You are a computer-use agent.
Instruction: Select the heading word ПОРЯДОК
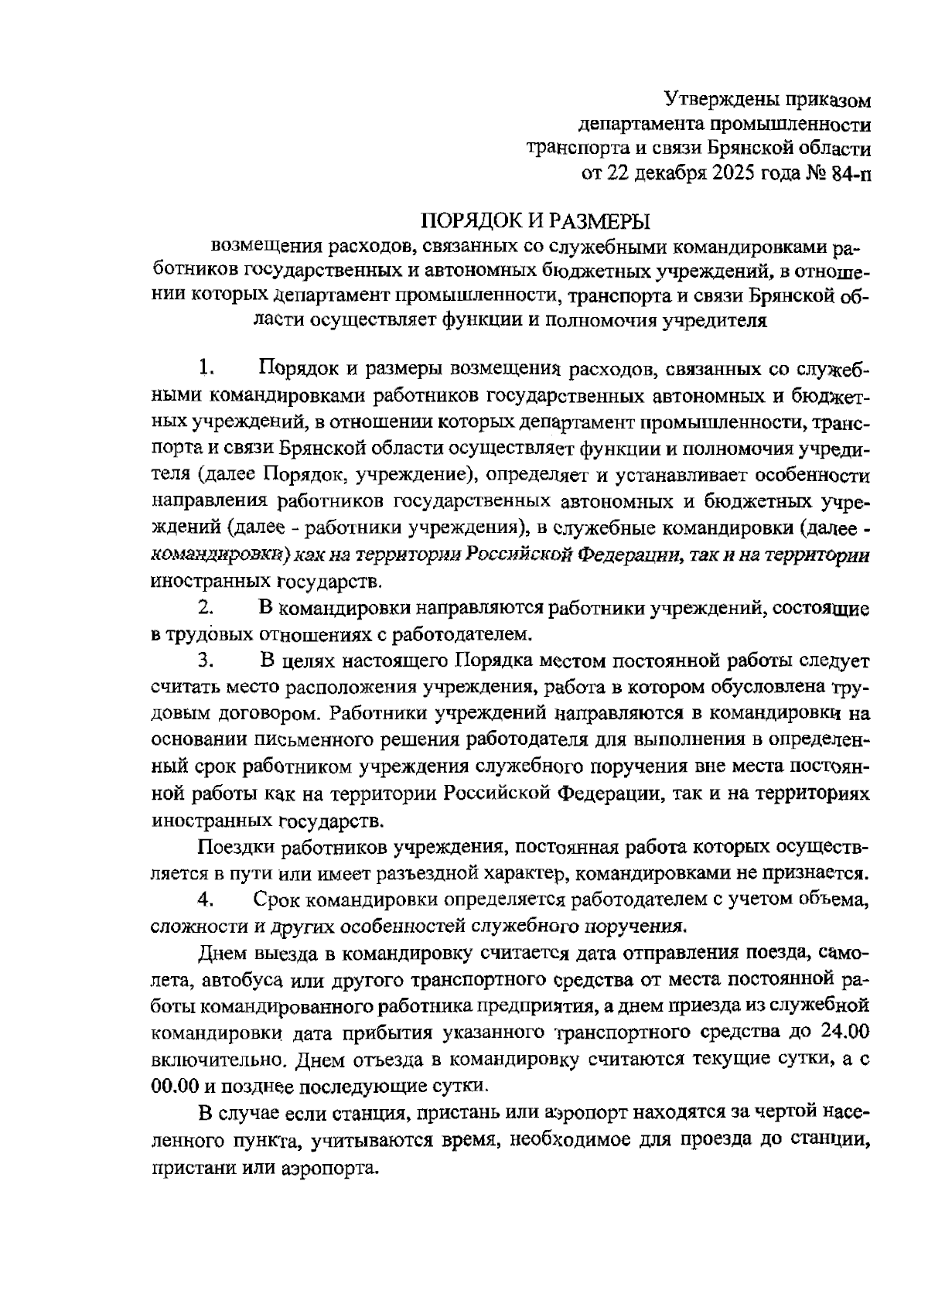(x=473, y=221)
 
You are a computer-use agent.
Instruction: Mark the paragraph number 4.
(x=205, y=899)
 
